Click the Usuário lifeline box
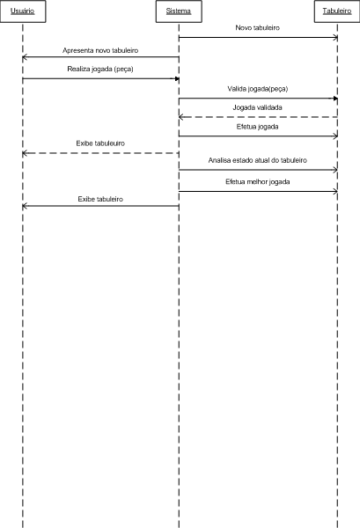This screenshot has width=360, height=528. (x=23, y=11)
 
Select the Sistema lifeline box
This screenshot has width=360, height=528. (x=179, y=11)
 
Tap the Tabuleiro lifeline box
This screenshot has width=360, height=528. (x=337, y=11)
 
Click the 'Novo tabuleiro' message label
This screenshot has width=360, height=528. (x=258, y=27)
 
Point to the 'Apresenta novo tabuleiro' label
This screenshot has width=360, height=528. (x=100, y=50)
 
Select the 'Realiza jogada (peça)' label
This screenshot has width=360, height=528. (x=100, y=69)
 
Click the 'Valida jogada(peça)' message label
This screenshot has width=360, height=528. (x=258, y=89)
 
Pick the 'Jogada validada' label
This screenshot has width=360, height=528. (x=258, y=107)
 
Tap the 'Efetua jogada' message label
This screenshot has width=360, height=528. (x=258, y=127)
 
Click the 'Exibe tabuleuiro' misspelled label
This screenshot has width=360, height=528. (x=100, y=143)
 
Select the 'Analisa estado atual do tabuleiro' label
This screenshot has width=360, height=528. (x=258, y=160)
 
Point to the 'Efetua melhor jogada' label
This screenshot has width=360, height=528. (x=258, y=182)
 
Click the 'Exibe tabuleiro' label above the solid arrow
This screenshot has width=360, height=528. (x=100, y=199)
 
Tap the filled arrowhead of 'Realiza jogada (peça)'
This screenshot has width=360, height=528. (x=177, y=79)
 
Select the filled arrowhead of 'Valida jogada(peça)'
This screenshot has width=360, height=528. (x=335, y=99)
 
